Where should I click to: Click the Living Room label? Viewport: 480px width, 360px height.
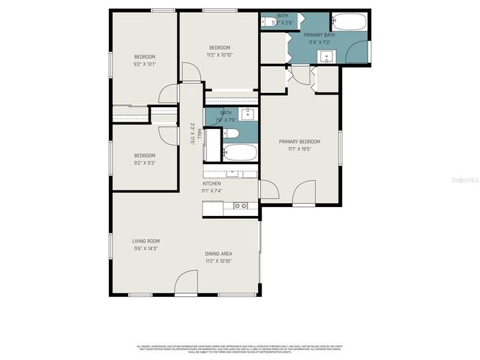(145, 240)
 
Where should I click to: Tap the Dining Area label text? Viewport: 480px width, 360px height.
(218, 253)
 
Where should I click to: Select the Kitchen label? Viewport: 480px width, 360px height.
(211, 184)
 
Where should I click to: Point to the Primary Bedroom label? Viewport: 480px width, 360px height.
(299, 142)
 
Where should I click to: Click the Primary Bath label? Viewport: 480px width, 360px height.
(319, 34)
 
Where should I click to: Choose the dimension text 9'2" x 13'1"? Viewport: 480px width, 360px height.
(145, 64)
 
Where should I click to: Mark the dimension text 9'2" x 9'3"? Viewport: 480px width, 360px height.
(145, 163)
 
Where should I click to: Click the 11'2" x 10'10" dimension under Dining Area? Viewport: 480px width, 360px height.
(218, 261)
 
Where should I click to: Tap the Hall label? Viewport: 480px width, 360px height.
(199, 134)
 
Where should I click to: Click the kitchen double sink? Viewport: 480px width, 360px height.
(241, 205)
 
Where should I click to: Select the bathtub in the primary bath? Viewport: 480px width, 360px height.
(348, 21)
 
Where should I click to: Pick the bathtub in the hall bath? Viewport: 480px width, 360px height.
(240, 153)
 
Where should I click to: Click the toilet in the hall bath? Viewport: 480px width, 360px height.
(231, 133)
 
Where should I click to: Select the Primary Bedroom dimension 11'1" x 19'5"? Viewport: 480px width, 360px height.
(299, 149)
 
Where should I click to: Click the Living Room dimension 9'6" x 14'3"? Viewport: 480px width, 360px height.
(145, 248)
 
